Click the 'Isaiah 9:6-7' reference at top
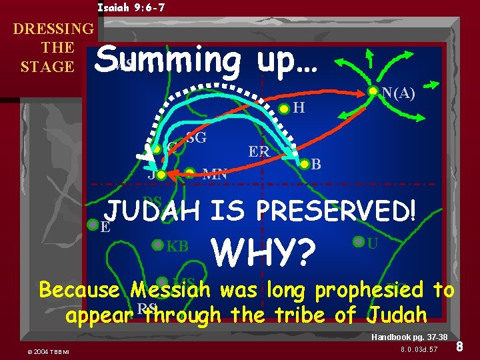click(131, 8)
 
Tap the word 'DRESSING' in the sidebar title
click(53, 29)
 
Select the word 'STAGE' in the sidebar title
click(47, 67)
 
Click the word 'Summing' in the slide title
click(167, 61)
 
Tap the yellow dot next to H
click(284, 109)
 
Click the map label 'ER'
click(259, 152)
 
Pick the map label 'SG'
click(196, 138)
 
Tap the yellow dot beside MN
click(191, 175)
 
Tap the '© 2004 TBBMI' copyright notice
click(50, 351)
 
